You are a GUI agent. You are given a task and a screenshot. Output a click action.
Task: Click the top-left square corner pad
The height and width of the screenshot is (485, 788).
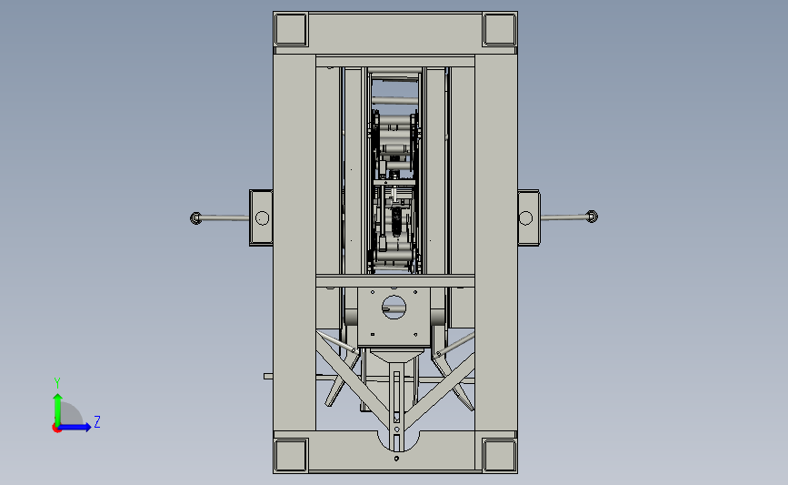click(291, 30)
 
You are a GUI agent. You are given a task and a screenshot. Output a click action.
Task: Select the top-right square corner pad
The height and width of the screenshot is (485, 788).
click(499, 30)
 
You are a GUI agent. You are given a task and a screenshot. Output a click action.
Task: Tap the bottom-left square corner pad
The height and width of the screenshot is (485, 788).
click(291, 455)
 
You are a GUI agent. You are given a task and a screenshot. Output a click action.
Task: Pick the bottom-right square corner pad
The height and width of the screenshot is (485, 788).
click(499, 455)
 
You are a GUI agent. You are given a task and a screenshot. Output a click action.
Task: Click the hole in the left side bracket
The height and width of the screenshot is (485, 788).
click(262, 217)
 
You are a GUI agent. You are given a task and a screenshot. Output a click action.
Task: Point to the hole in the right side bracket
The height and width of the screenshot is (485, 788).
click(525, 217)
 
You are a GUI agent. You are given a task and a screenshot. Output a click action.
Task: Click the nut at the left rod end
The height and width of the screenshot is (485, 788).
click(195, 217)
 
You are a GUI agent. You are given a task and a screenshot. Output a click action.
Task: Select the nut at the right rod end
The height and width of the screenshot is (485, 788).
click(592, 217)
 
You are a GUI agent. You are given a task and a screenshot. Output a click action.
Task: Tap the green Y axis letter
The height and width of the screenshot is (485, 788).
click(57, 383)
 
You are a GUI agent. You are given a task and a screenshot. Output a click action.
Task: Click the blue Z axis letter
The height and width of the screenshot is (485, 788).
click(97, 421)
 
